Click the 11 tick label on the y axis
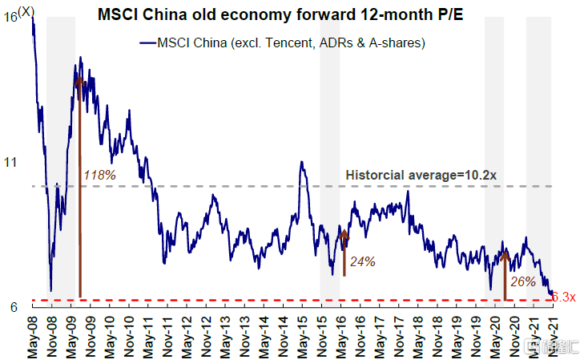(11, 161)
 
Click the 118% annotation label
(100, 174)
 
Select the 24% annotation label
(362, 261)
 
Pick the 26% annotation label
(522, 281)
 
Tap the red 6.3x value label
(564, 297)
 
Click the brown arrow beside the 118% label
(79, 184)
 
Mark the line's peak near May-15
(301, 162)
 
